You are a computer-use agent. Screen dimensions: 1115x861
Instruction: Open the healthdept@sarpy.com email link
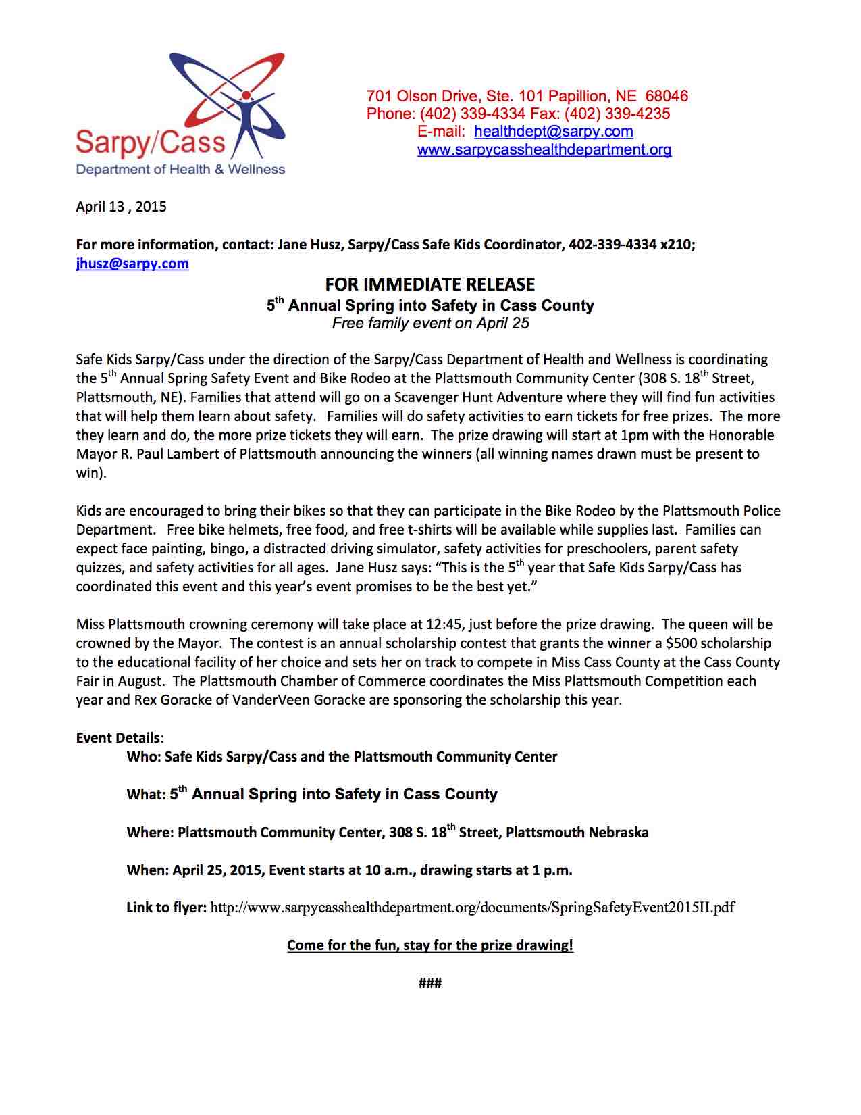[553, 131]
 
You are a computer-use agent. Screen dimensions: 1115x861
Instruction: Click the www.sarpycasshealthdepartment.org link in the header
[544, 149]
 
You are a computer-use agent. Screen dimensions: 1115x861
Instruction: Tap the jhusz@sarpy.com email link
[132, 264]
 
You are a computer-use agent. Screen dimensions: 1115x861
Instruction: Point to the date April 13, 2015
[121, 207]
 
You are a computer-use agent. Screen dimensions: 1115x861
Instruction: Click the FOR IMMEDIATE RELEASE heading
[429, 284]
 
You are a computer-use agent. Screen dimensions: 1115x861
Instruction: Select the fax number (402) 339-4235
[617, 114]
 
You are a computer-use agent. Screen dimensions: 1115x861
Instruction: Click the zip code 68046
[667, 96]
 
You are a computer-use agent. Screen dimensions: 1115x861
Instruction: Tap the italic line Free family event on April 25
[430, 324]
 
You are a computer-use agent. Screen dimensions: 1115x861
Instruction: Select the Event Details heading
[118, 738]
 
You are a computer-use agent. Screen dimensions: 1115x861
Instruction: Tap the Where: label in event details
[150, 833]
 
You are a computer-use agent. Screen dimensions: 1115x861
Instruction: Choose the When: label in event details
[147, 870]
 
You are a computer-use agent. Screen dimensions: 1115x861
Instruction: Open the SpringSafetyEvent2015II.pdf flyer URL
[472, 908]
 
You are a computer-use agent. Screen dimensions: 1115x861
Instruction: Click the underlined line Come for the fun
[429, 945]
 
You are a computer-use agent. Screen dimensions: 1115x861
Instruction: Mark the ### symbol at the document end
[429, 983]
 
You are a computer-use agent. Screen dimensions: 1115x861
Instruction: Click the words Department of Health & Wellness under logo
[180, 169]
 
